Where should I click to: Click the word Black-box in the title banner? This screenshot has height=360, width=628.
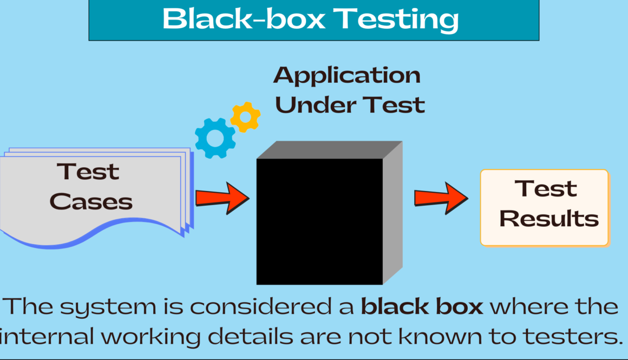click(243, 19)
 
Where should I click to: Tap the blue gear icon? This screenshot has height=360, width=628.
click(215, 138)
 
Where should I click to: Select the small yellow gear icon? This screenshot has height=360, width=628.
click(245, 117)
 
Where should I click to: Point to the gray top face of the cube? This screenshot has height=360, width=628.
click(329, 150)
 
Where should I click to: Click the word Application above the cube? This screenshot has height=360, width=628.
click(347, 75)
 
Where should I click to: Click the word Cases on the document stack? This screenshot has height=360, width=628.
click(91, 201)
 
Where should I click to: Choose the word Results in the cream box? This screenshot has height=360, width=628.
click(549, 219)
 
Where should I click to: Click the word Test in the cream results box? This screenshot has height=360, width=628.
click(545, 189)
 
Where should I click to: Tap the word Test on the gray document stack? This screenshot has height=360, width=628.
click(88, 172)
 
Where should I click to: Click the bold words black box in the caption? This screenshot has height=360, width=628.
click(422, 307)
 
